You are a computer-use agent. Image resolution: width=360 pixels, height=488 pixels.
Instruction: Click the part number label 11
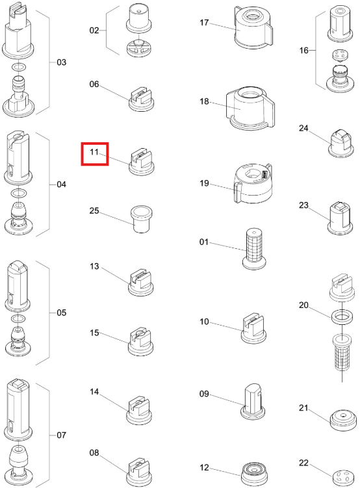click(94, 152)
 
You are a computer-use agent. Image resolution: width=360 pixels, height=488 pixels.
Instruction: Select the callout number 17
click(204, 22)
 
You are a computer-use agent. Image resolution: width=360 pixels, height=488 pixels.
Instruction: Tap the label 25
click(94, 211)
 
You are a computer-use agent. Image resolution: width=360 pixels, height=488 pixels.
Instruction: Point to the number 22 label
click(303, 463)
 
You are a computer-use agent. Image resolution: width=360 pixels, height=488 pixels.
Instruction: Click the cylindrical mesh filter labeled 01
click(254, 249)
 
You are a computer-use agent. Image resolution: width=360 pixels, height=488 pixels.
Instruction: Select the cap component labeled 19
click(253, 184)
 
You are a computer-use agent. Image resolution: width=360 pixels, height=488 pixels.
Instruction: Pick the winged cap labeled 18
click(250, 108)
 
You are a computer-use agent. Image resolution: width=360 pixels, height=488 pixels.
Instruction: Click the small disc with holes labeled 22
click(342, 477)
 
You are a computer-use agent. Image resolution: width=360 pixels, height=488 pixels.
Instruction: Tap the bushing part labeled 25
click(141, 218)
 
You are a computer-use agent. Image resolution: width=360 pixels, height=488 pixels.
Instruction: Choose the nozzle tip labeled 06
click(142, 99)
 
